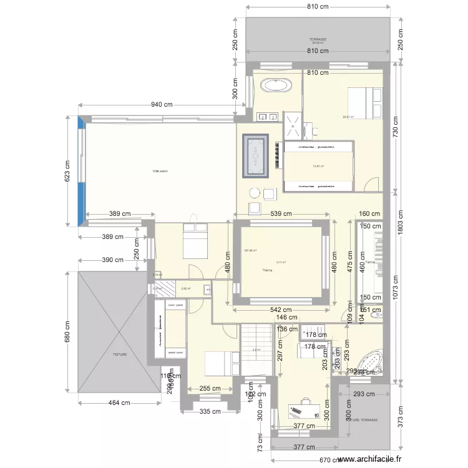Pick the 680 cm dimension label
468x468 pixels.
tap(68, 338)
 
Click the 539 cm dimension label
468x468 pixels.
tap(281, 214)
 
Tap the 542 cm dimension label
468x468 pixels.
tap(281, 310)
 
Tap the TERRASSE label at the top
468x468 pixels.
tap(318, 40)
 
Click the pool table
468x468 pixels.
tap(256, 154)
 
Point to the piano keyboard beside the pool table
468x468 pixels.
tap(276, 155)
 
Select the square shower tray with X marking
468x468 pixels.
tap(291, 124)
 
